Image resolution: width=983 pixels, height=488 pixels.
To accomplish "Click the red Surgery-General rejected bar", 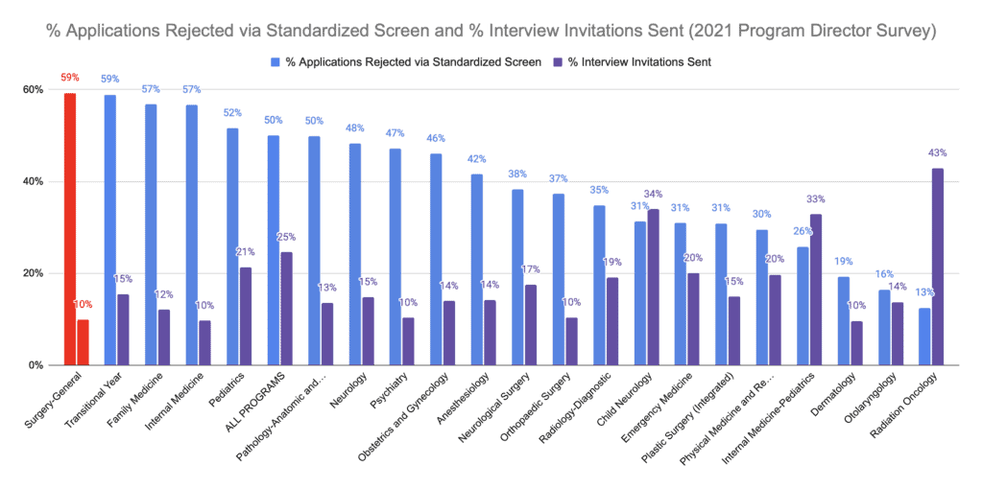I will pyautogui.click(x=70, y=229).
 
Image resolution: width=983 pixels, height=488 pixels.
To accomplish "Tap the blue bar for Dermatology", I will pyautogui.click(x=844, y=321).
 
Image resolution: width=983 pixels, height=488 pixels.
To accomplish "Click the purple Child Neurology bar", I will pyautogui.click(x=654, y=288).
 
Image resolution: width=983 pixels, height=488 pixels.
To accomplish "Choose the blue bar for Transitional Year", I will pyautogui.click(x=110, y=230).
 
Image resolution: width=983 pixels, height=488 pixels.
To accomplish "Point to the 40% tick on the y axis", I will pyautogui.click(x=34, y=181).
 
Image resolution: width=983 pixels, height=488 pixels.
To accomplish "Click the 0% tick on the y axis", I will pyautogui.click(x=36, y=365).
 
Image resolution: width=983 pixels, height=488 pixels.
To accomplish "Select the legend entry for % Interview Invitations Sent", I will pyautogui.click(x=633, y=61).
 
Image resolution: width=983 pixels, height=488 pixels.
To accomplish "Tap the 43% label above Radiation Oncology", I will pyautogui.click(x=938, y=153).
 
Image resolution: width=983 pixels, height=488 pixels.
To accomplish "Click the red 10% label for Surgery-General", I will pyautogui.click(x=84, y=305).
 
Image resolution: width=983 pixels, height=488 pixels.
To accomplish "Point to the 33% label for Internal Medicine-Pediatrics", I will pyautogui.click(x=816, y=198).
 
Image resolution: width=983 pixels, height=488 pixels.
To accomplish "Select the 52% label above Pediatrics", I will pyautogui.click(x=232, y=112).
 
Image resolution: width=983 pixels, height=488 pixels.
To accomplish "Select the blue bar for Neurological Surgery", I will pyautogui.click(x=517, y=277).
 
